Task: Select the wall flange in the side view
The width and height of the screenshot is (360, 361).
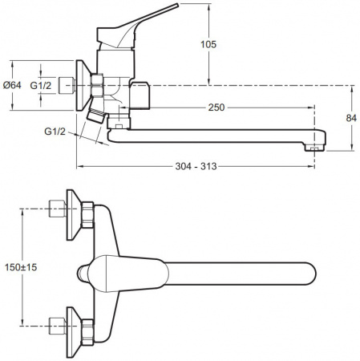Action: click(81, 85)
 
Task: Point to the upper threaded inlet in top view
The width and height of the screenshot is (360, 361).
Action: click(56, 209)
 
